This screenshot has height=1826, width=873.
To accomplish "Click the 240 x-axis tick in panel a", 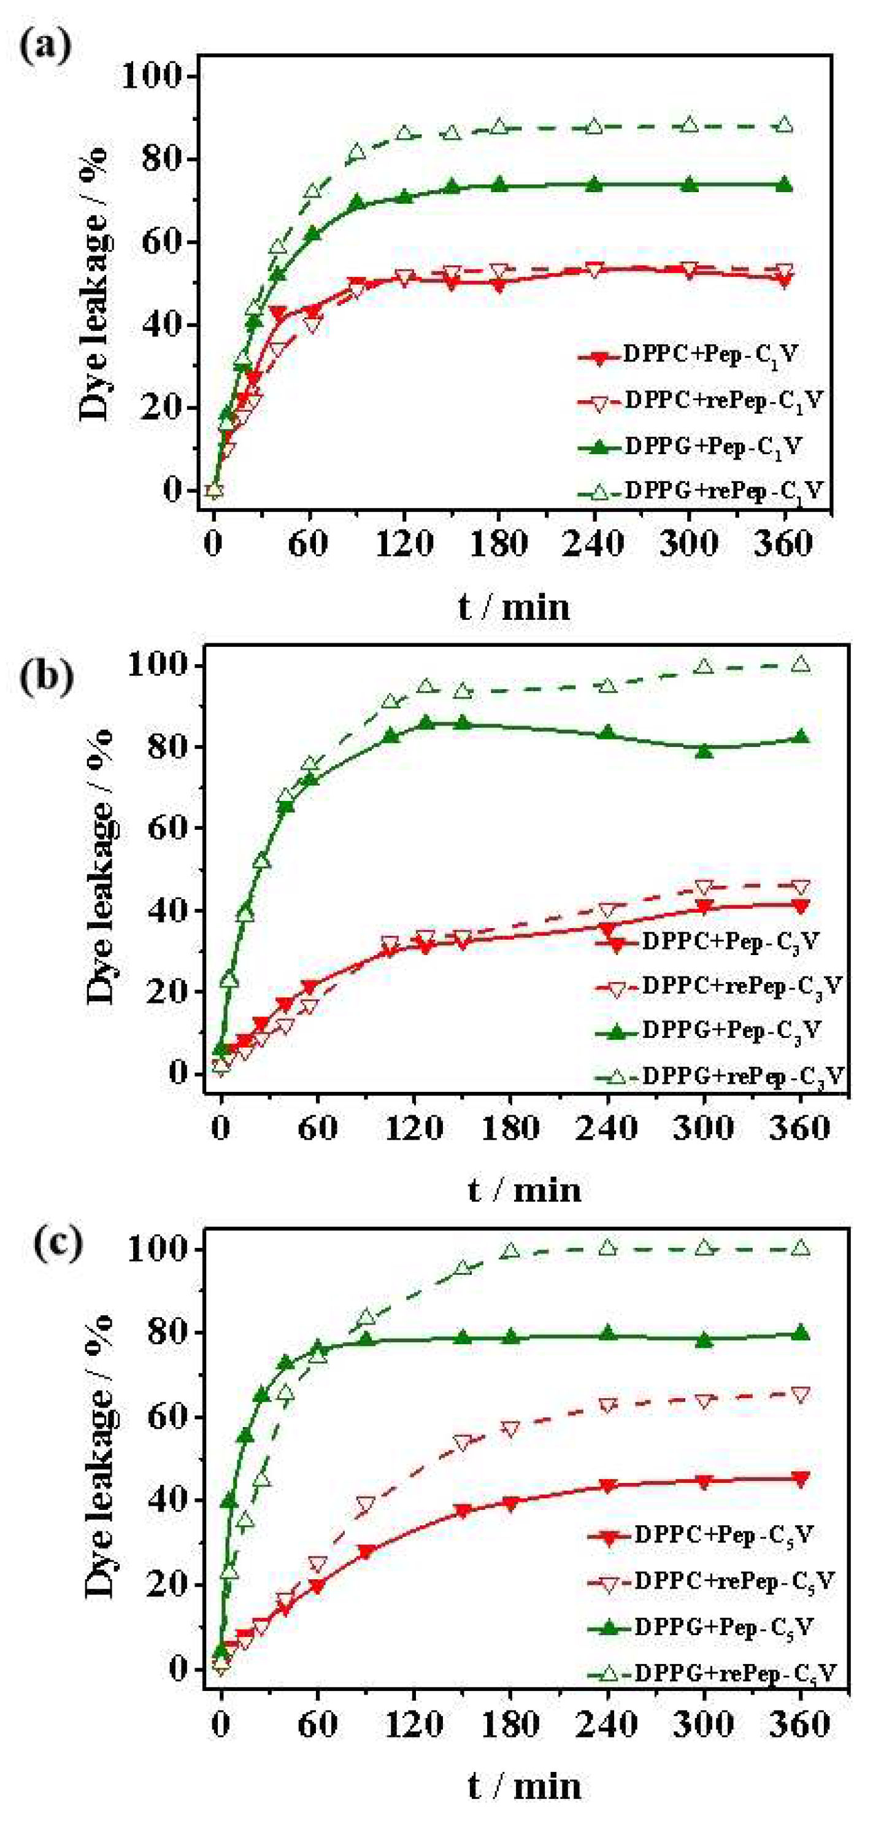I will tap(593, 545).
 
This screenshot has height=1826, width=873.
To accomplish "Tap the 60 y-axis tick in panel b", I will tap(165, 829).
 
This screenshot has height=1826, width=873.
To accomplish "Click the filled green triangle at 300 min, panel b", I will tap(704, 751).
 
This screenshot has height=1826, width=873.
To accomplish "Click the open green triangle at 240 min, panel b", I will tap(607, 686).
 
